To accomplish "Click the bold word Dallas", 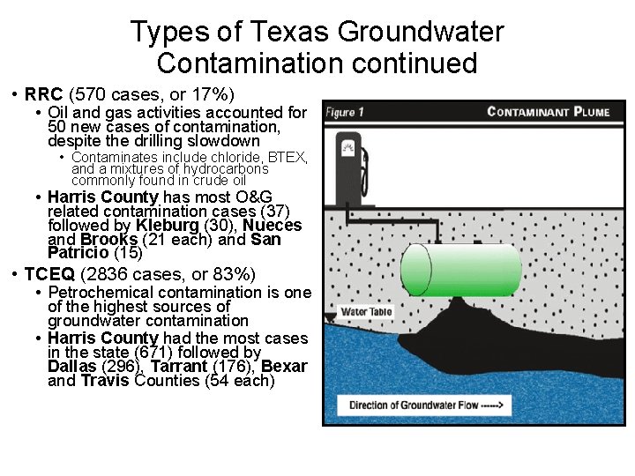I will click(72, 367).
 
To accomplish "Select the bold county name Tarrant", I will click(183, 367).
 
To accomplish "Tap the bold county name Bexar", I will click(285, 367).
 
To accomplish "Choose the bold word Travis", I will click(104, 382).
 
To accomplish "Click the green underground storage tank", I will click(460, 269).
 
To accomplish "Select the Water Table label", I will click(366, 311).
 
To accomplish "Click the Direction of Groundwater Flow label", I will click(425, 406).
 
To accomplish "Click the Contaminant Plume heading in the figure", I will click(548, 112).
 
